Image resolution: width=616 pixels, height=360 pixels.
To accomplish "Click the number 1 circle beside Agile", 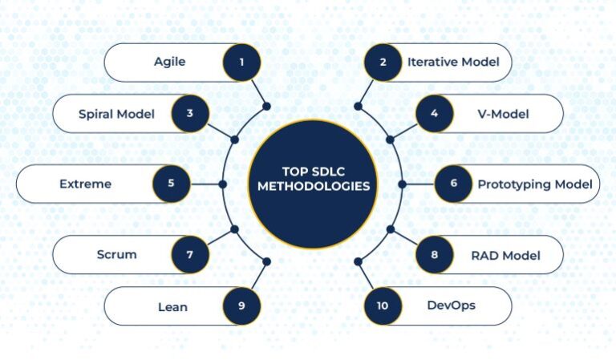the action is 241,62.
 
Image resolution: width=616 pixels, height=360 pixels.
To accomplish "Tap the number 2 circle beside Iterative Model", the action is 383,62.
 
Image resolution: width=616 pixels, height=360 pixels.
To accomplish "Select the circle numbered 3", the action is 190,114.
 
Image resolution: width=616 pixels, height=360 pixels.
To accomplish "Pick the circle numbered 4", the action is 435,114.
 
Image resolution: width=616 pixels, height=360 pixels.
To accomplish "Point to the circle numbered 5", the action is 172,184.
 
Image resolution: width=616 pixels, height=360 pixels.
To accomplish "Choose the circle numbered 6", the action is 454,184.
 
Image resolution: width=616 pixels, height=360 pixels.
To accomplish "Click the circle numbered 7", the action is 190,254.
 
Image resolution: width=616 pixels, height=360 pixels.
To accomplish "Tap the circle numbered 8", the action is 435,254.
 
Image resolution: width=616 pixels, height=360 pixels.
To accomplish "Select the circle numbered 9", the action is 241,305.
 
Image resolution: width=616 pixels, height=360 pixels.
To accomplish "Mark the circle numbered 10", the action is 383,305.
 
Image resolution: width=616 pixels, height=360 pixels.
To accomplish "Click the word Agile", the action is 170,62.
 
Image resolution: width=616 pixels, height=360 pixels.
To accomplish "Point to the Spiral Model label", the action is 116,114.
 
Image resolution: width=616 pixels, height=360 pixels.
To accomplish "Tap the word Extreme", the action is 85,184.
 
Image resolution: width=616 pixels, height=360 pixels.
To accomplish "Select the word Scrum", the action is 116,254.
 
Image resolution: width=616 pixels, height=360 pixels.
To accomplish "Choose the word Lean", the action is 172,307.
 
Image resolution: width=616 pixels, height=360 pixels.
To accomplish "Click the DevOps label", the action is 451,305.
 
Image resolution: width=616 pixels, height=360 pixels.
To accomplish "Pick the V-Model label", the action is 503,114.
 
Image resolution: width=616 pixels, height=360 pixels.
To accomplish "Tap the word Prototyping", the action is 510,184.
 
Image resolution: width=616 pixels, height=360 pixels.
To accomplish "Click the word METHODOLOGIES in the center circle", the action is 314,186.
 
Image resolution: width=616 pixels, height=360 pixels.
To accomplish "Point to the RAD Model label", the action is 506,256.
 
